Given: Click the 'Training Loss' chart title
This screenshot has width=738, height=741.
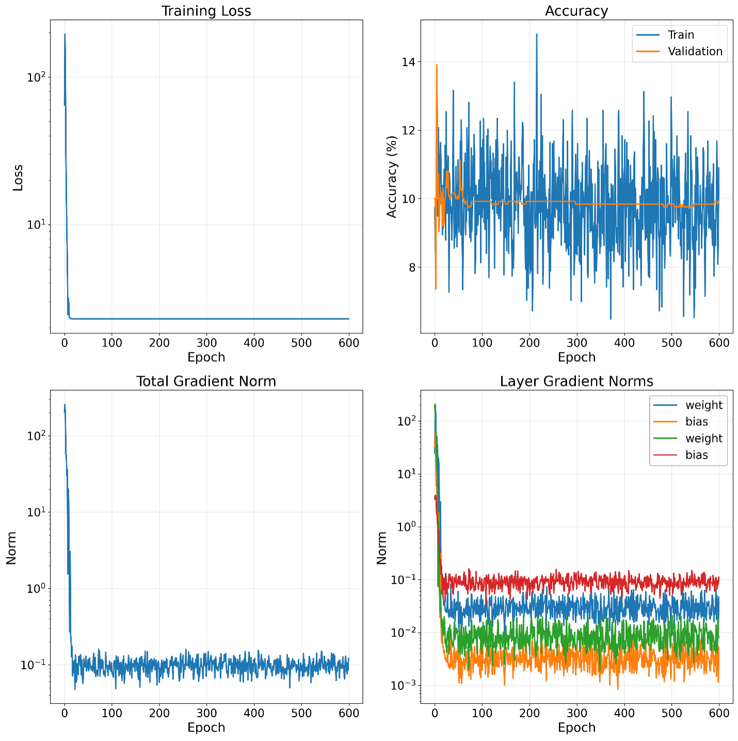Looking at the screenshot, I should (206, 11).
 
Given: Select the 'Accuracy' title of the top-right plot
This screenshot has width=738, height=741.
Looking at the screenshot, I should (576, 11).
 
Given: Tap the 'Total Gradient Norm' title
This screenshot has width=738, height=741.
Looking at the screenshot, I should (206, 381).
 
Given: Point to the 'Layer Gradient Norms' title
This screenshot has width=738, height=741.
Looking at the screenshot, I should (576, 381).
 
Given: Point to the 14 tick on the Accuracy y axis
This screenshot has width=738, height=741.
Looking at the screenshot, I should (408, 62).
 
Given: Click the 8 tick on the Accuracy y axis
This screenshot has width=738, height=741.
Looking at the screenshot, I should (411, 267).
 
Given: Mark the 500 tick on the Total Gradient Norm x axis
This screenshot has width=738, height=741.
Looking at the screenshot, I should (301, 713).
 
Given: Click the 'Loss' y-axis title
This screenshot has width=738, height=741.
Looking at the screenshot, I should (18, 178).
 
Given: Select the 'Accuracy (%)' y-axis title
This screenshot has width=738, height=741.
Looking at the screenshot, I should (392, 176).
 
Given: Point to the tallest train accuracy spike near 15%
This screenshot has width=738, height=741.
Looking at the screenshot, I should (537, 35).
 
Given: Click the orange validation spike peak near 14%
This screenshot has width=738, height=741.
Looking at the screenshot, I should (437, 65).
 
